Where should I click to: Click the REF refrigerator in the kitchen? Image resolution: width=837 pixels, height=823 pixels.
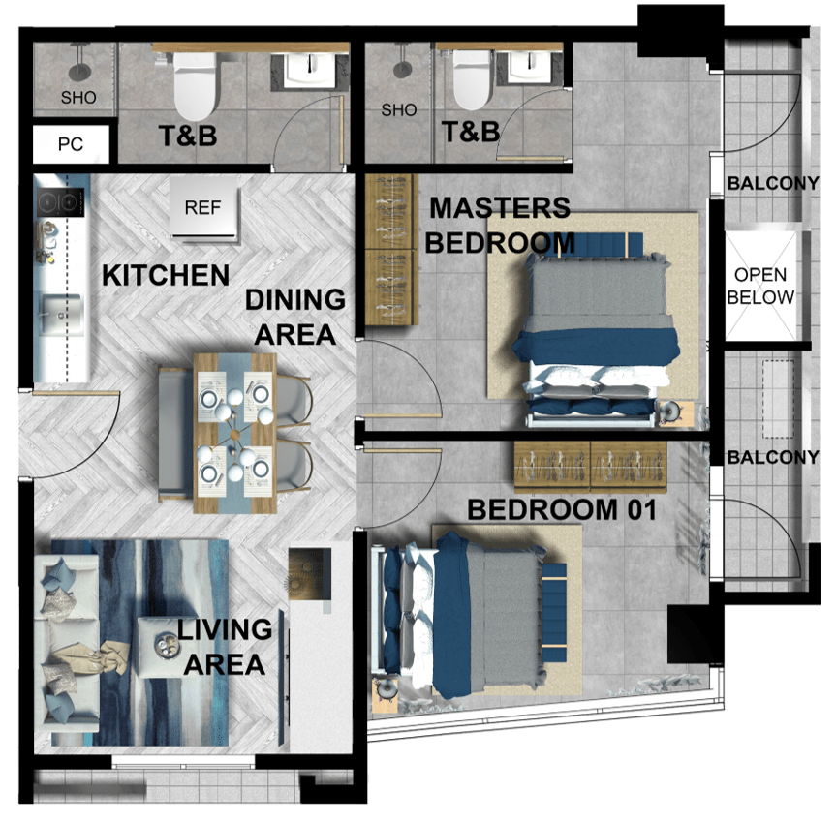coord(203,207)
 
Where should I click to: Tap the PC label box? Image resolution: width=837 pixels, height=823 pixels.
coord(71,144)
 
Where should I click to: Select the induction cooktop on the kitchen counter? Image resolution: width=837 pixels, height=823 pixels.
coord(60,202)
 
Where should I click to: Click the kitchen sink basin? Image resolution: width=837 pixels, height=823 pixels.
coord(62,315)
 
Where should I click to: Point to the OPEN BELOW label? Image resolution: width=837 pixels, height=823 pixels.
coord(760,286)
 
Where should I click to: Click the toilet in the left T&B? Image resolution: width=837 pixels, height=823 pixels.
coord(196,85)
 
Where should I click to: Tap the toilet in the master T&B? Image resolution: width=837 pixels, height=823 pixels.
coord(472,79)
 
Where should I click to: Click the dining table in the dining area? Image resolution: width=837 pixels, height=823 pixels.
coord(234,433)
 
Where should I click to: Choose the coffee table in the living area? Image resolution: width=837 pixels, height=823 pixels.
coord(162,647)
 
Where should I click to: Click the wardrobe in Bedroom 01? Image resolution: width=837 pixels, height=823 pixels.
coord(590,466)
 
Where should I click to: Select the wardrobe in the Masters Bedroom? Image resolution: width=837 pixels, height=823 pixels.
coord(391,250)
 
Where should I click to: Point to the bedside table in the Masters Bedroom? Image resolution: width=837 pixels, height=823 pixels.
coord(675,413)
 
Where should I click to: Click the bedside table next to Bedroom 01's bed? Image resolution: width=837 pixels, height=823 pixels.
coord(385,695)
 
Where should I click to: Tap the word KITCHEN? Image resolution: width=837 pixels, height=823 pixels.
coord(166,275)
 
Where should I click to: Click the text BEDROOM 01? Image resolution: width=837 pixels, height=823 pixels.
coord(562,509)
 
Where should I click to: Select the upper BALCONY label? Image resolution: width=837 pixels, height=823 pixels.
coord(772,184)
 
